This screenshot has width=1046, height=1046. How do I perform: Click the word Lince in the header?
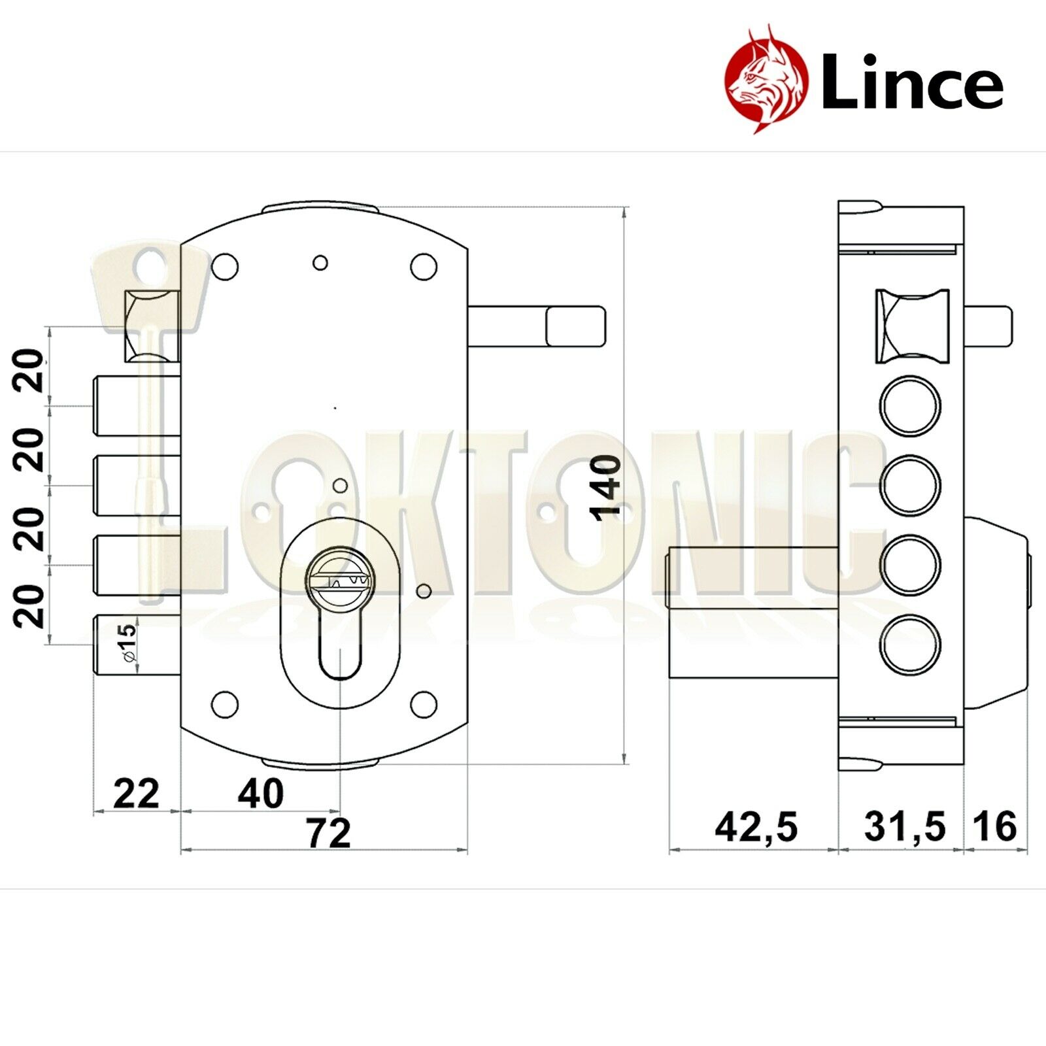point(911,81)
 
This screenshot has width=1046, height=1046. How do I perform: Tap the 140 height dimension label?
point(607,488)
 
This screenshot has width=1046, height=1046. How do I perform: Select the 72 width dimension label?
point(329,833)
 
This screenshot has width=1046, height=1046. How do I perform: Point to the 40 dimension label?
point(260,794)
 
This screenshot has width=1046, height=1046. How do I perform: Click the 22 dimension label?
point(136,794)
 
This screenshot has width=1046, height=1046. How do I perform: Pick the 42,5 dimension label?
point(756,827)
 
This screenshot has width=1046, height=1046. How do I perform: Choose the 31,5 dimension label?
point(905,827)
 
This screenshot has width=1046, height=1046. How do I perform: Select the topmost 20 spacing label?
point(30,371)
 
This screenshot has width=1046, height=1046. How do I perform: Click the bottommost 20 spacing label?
point(30,605)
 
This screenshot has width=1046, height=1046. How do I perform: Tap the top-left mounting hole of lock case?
point(226,266)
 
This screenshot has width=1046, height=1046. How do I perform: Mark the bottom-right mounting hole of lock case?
point(423,705)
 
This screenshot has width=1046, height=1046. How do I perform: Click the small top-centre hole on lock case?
point(320,263)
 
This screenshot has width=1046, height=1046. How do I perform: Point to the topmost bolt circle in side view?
point(910,406)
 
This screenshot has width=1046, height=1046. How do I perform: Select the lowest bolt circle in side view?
point(910,643)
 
